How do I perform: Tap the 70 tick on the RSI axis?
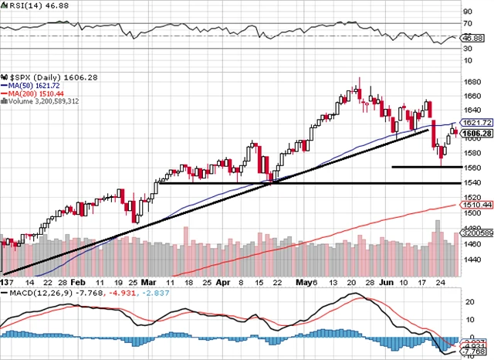468,23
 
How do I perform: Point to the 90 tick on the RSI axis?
468,12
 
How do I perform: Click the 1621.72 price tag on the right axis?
472,123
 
